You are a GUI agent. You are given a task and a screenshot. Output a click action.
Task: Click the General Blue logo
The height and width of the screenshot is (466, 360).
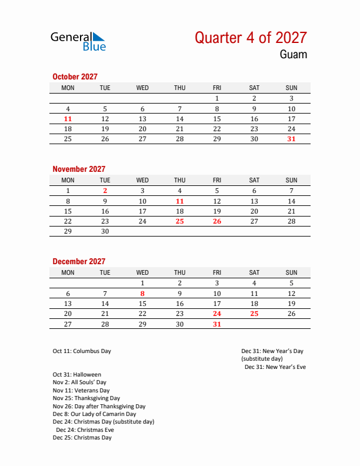(x=78, y=41)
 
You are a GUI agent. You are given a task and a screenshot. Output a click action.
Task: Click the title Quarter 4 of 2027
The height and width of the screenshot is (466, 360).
(x=251, y=38)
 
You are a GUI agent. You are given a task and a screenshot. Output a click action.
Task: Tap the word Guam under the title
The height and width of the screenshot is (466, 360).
(x=293, y=55)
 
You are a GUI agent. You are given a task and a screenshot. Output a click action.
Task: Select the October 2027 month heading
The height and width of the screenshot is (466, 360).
(x=75, y=76)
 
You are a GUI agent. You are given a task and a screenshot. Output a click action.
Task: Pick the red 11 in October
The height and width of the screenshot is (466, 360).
(x=68, y=119)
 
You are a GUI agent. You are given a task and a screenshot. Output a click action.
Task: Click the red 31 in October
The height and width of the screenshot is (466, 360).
(x=291, y=139)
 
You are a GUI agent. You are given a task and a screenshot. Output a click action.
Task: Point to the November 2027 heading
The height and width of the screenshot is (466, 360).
(x=79, y=169)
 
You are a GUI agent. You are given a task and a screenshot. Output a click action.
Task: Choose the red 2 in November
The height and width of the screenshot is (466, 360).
(x=105, y=191)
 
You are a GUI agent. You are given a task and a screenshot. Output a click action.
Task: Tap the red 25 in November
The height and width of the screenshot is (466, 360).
(x=179, y=221)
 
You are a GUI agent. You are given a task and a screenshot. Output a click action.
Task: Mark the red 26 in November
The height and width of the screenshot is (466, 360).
(x=217, y=221)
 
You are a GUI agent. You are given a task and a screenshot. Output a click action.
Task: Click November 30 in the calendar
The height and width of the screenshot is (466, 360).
(x=105, y=231)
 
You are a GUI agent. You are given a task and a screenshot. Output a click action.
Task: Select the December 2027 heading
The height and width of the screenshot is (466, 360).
(x=79, y=261)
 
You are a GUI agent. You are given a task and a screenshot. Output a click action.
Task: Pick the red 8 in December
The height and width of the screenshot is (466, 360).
(x=142, y=294)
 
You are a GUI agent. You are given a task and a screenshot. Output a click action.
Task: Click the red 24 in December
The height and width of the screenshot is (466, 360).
(x=217, y=314)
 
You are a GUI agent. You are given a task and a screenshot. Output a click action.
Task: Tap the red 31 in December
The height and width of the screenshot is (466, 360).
(x=217, y=324)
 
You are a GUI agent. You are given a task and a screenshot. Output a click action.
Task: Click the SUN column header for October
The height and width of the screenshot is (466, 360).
(x=291, y=88)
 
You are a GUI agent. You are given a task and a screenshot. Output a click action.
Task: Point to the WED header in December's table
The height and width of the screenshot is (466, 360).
(x=142, y=272)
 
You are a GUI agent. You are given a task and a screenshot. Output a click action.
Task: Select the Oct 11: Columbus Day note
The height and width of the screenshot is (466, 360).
(x=82, y=351)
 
